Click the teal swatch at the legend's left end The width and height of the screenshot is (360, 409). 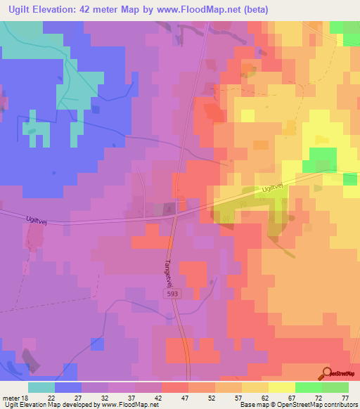click(41, 387)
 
